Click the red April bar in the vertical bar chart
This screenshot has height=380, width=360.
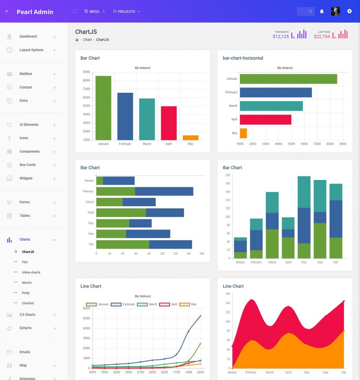pos(168,123)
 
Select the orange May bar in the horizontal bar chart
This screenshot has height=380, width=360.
pos(243,133)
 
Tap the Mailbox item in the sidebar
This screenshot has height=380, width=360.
pos(26,74)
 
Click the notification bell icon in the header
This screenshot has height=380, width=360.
pos(322,12)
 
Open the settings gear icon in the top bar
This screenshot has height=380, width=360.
pos(349,12)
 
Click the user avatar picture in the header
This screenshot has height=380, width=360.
pos(336,12)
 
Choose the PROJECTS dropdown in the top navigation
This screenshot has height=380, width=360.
pos(127,12)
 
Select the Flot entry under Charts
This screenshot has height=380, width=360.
pos(25,262)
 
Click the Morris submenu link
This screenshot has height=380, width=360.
pos(27,283)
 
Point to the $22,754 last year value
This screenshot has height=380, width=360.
pos(322,37)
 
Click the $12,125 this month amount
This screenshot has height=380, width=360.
pos(281,37)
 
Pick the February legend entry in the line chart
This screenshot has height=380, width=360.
pos(123,304)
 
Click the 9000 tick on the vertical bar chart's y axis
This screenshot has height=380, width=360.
pos(86,72)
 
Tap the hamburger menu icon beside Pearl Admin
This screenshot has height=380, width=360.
pos(6,12)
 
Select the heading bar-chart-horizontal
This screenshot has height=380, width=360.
pos(243,58)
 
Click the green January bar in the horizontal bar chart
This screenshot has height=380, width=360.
pos(288,79)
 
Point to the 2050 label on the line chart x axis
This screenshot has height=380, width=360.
pos(200,372)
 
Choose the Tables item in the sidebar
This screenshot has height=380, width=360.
pos(25,216)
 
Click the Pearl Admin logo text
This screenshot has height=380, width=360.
pos(35,12)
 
